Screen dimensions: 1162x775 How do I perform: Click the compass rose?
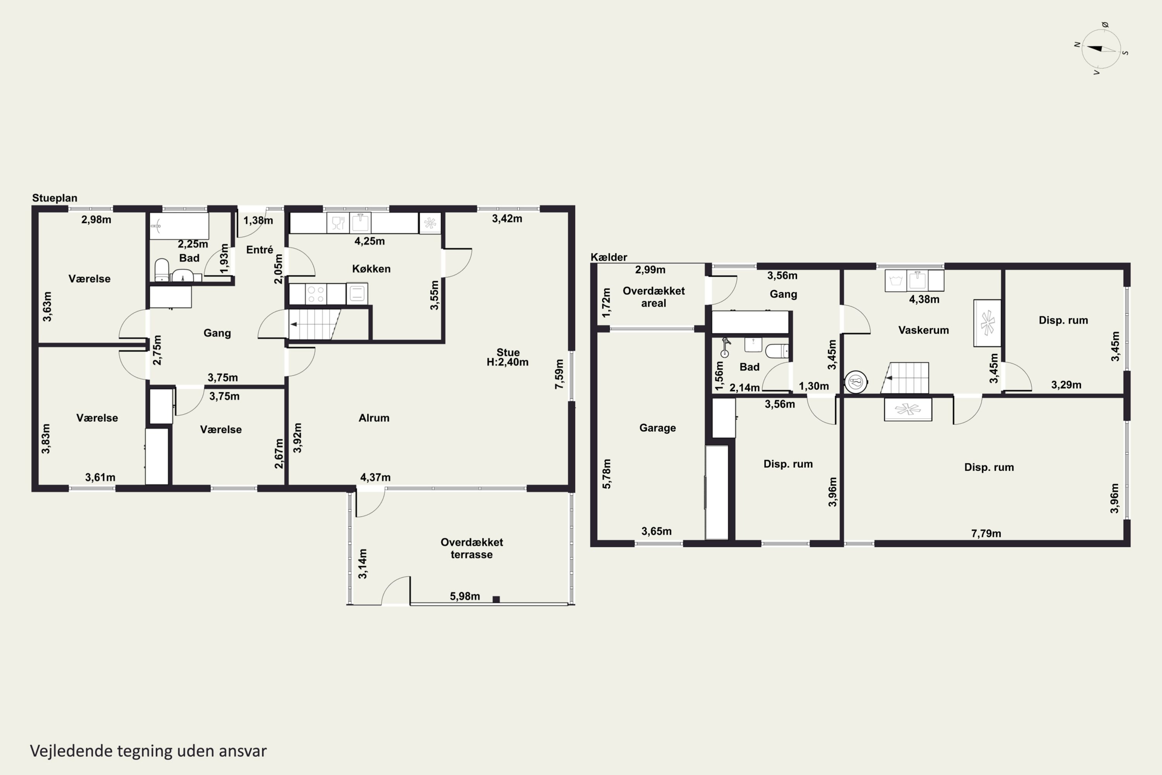click(1101, 48)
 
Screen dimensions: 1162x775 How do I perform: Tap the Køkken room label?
click(371, 269)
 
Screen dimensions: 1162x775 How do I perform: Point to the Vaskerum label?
click(923, 330)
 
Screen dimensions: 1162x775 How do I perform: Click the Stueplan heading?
click(55, 198)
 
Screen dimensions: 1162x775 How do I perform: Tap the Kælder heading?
click(609, 257)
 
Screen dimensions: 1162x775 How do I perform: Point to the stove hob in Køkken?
click(316, 294)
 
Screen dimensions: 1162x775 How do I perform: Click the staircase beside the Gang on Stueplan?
click(315, 324)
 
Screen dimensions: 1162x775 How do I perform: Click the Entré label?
click(260, 250)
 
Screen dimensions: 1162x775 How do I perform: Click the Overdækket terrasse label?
click(472, 549)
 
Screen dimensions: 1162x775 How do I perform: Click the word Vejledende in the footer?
click(72, 751)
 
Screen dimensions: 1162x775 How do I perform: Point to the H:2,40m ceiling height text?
click(507, 362)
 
